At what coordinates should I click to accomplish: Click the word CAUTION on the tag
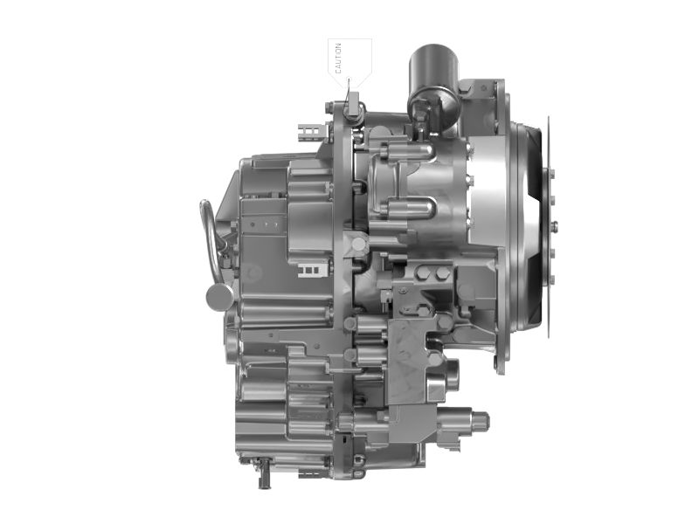[338, 58]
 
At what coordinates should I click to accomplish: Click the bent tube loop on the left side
[210, 241]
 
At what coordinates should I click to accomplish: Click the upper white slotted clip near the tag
[310, 132]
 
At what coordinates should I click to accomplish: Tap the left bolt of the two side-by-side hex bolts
[424, 272]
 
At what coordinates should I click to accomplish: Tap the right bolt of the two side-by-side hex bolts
[443, 272]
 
